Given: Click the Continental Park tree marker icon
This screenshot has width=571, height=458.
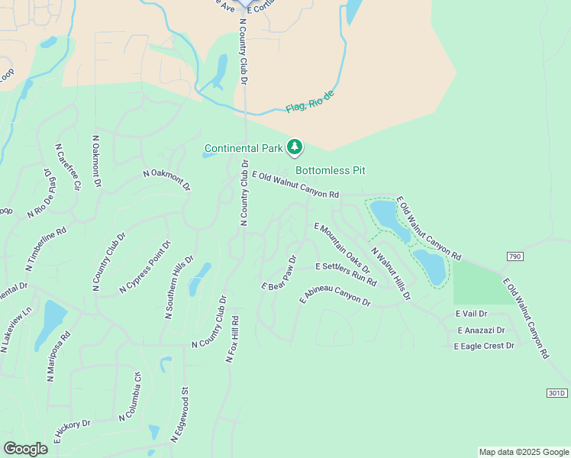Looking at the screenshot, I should [x=295, y=147].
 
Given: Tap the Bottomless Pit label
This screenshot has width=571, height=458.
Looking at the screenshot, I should [x=331, y=171].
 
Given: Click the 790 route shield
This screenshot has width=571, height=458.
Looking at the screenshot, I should [x=515, y=256].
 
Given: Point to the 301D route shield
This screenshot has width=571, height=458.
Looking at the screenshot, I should [x=557, y=393].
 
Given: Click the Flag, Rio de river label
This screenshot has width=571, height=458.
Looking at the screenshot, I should [x=311, y=102].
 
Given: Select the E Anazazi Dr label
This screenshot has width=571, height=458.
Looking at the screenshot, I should [x=481, y=331].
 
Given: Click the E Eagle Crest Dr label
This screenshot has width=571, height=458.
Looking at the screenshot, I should [x=484, y=346].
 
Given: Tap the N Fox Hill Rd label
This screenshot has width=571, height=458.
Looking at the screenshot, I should [x=233, y=339].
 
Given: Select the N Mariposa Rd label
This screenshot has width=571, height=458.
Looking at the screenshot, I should [x=59, y=356].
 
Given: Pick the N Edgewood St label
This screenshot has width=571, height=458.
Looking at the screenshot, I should [x=180, y=414].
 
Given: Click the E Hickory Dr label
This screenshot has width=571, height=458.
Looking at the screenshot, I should [x=72, y=431].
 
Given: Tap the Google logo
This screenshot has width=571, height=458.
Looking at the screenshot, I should [x=25, y=449].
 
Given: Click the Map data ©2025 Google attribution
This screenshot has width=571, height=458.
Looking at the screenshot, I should [x=523, y=452].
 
